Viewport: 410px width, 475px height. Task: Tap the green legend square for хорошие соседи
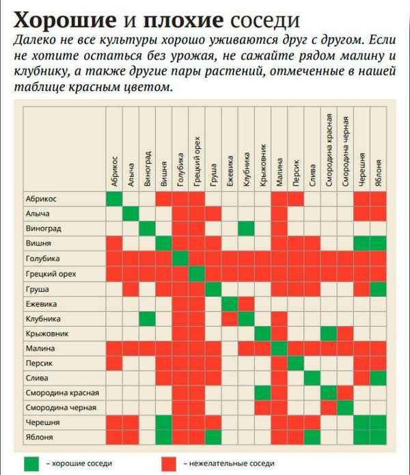click(30, 463)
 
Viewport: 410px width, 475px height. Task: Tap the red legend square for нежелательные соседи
click(172, 463)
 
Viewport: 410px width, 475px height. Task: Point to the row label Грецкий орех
click(51, 273)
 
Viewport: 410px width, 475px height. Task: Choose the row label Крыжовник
click(46, 334)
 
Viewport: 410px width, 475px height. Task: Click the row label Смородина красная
click(62, 392)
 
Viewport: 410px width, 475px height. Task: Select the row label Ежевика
click(41, 303)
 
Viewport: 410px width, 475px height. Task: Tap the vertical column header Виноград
click(148, 167)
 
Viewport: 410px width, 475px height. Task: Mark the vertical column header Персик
click(297, 174)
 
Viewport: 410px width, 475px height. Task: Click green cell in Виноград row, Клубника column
click(247, 228)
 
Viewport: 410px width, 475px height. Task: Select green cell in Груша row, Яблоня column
click(379, 288)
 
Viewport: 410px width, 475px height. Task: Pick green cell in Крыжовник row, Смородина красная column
click(329, 334)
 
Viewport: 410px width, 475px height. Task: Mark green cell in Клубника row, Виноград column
click(148, 318)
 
